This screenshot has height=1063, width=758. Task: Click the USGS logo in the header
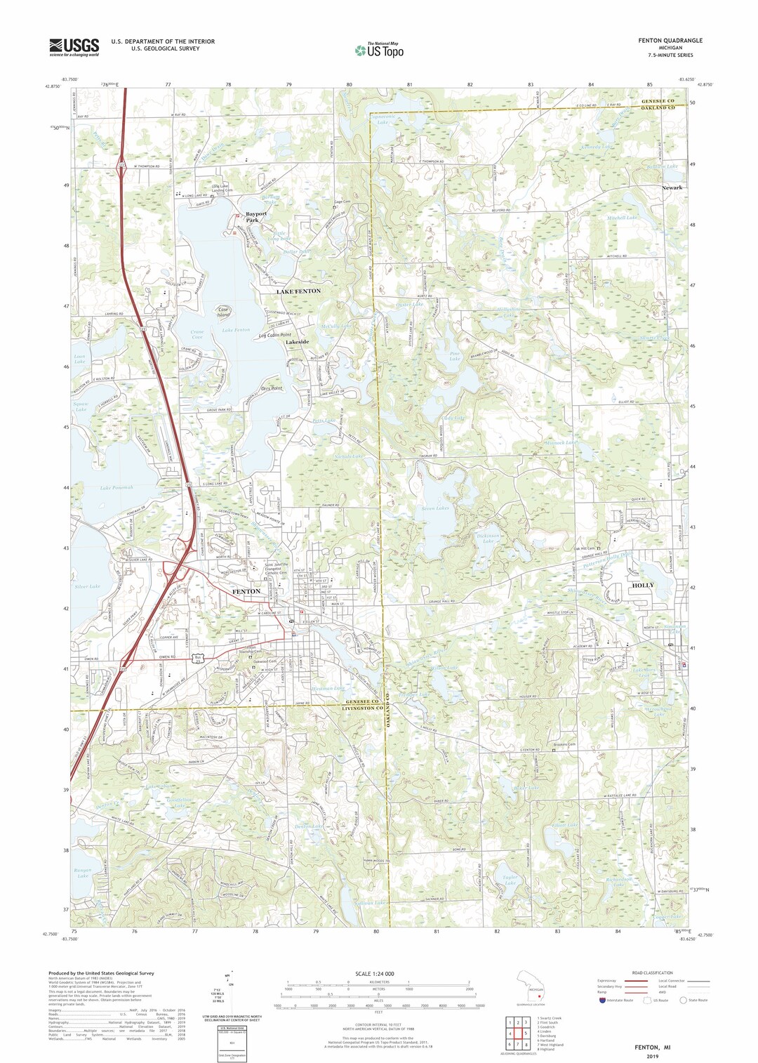point(74,47)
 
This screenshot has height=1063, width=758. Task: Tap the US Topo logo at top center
point(380,50)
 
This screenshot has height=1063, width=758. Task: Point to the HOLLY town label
point(643,585)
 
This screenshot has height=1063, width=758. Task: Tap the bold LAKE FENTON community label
point(298,291)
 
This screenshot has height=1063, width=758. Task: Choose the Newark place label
point(672,188)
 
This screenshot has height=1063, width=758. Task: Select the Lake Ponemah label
point(117,487)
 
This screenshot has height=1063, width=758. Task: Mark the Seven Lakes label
point(434,508)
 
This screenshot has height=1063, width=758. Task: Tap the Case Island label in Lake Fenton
point(223,312)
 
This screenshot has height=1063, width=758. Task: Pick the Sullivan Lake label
point(370,902)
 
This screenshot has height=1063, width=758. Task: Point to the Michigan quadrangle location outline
point(532,989)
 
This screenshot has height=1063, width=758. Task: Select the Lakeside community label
point(298,342)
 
